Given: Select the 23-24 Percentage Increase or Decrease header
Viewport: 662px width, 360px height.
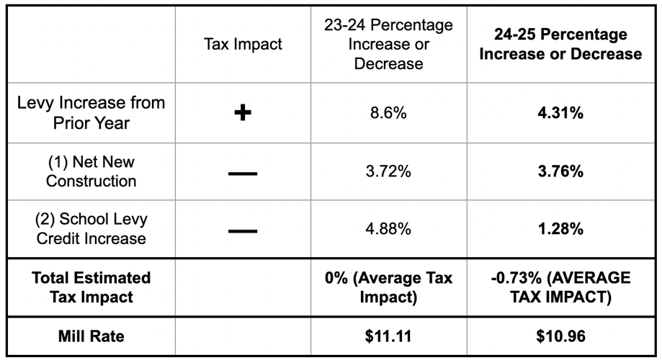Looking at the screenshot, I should (389, 45).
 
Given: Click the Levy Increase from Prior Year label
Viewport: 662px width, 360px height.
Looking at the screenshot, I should (91, 113).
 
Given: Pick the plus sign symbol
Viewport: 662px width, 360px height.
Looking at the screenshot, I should (243, 114).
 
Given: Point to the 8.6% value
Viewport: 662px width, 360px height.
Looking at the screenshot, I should (389, 114).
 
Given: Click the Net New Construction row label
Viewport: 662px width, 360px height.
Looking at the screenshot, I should (91, 171).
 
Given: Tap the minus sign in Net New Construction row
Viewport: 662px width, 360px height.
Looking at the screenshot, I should (243, 173).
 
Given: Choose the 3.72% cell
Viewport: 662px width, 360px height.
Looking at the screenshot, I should (389, 172).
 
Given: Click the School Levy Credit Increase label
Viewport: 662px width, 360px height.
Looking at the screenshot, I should (91, 228).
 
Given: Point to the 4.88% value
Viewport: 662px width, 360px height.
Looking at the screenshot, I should (389, 230).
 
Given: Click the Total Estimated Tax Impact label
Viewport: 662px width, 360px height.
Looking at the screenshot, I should (91, 287).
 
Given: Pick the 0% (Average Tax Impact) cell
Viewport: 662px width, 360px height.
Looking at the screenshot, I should (389, 287).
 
